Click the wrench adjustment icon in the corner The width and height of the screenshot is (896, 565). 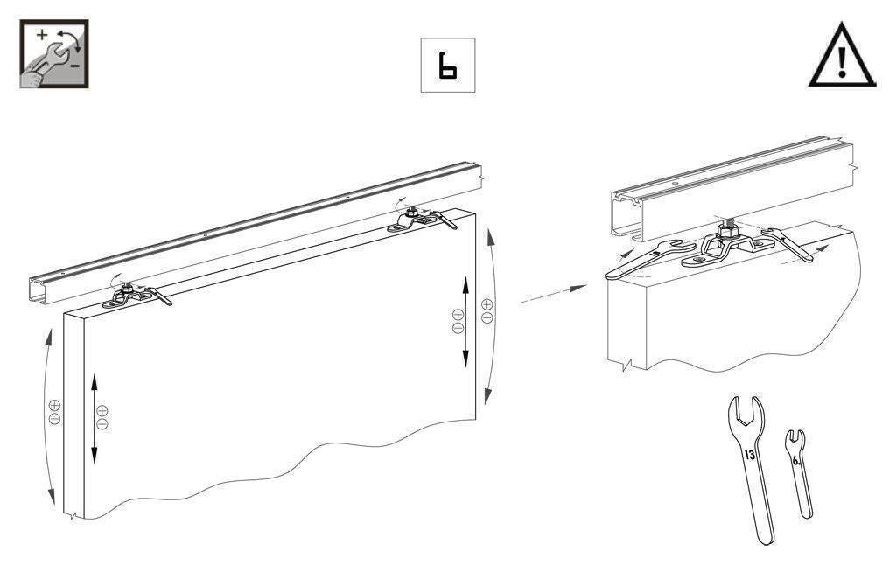pyautogui.click(x=54, y=53)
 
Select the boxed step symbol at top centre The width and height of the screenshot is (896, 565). pyautogui.click(x=448, y=65)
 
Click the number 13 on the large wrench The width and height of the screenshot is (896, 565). pyautogui.click(x=750, y=455)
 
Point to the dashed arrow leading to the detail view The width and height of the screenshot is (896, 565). pyautogui.click(x=553, y=294)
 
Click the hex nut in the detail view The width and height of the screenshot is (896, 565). pyautogui.click(x=727, y=231)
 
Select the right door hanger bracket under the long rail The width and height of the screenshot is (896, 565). pyautogui.click(x=413, y=220)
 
